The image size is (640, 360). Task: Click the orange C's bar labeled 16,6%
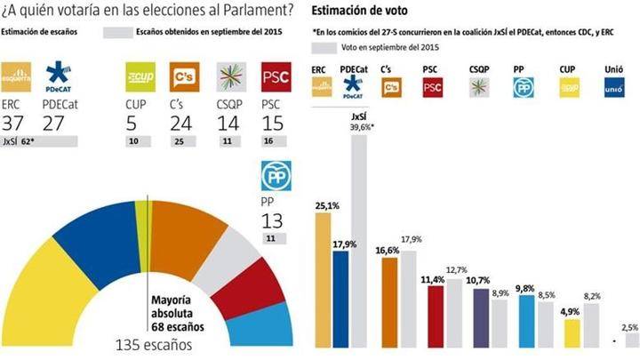pyautogui.click(x=388, y=301)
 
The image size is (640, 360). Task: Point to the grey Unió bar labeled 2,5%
pyautogui.click(x=630, y=341)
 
